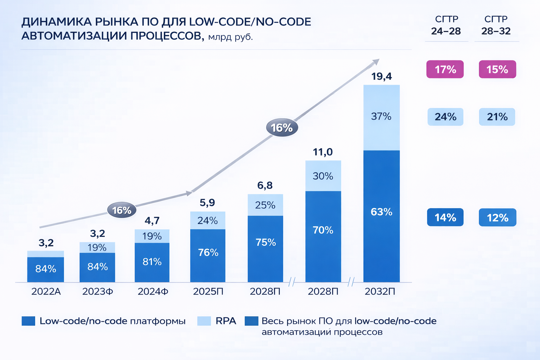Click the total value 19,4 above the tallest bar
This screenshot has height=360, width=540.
381,76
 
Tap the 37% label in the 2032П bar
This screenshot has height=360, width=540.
381,116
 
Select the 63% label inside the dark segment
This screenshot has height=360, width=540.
381,212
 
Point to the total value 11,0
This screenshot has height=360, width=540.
323,152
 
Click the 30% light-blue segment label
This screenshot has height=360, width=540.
323,176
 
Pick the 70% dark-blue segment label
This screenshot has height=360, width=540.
323,230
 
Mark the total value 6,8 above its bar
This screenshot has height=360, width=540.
265,186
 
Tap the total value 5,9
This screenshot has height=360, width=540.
207,203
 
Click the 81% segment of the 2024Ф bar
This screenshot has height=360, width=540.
152,262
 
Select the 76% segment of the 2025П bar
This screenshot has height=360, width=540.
208,253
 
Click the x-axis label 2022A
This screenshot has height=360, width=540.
46,292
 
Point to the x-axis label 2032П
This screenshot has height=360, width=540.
380,292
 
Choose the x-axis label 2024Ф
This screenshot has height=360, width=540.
153,292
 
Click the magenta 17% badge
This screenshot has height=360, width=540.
445,69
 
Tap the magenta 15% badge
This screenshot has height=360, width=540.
497,69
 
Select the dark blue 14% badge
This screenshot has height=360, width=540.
445,218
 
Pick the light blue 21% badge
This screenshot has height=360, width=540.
497,117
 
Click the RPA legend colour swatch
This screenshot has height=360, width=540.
204,321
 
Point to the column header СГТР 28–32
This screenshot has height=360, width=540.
496,25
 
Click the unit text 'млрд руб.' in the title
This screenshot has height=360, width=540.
230,37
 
